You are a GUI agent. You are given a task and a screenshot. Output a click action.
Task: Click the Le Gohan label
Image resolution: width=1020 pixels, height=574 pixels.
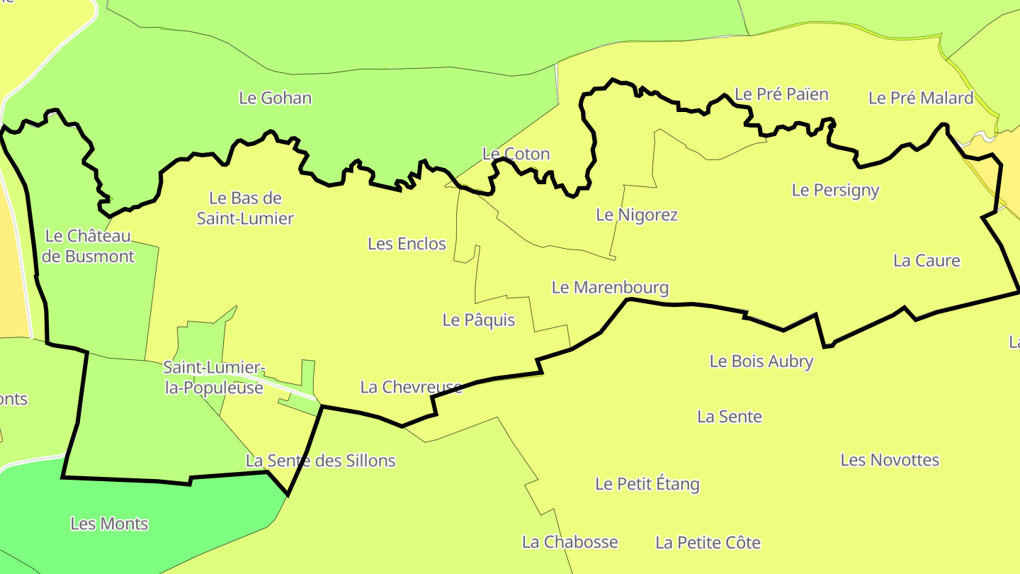(275, 98)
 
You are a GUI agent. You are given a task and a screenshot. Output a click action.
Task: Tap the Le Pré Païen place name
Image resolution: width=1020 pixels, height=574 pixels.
(781, 94)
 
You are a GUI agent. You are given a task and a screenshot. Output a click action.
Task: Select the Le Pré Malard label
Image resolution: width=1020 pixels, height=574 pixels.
(921, 98)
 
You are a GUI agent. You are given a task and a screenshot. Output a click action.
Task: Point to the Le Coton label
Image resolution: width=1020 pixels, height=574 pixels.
(516, 154)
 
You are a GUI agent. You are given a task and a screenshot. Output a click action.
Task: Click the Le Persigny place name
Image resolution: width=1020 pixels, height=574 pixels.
(835, 190)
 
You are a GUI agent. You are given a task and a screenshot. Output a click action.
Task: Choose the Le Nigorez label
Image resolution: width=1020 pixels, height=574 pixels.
(637, 215)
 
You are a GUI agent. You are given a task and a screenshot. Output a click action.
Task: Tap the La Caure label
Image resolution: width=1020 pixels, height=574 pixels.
(926, 260)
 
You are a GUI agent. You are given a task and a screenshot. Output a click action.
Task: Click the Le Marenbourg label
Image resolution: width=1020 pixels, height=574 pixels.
(610, 288)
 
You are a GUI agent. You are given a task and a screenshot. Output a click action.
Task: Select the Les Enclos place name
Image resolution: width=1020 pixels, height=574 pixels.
(407, 244)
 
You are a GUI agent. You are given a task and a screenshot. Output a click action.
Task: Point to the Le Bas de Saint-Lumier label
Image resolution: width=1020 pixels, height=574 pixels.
(245, 208)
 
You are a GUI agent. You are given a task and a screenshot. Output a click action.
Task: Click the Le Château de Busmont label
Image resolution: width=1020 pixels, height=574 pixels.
(88, 246)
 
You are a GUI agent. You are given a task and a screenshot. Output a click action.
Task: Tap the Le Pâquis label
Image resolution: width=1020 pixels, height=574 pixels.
(478, 320)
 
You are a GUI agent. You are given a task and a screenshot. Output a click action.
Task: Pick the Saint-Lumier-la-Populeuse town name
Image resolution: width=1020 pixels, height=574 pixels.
(214, 378)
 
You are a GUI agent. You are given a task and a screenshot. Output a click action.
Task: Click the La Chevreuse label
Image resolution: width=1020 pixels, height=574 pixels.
(411, 387)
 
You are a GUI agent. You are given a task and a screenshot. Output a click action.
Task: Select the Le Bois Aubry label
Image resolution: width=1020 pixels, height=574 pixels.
(761, 361)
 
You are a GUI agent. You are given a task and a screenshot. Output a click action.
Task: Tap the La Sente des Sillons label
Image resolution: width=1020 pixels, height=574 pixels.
(320, 461)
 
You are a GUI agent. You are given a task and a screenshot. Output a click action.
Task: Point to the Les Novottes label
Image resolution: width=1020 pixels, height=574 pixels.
(890, 460)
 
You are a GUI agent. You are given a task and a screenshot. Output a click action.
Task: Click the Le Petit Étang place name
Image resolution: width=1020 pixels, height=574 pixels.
(647, 484)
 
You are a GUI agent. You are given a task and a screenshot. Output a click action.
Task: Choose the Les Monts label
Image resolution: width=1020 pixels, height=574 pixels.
(109, 524)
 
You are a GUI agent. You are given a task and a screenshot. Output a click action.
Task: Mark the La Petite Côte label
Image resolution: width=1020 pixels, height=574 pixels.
(708, 543)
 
